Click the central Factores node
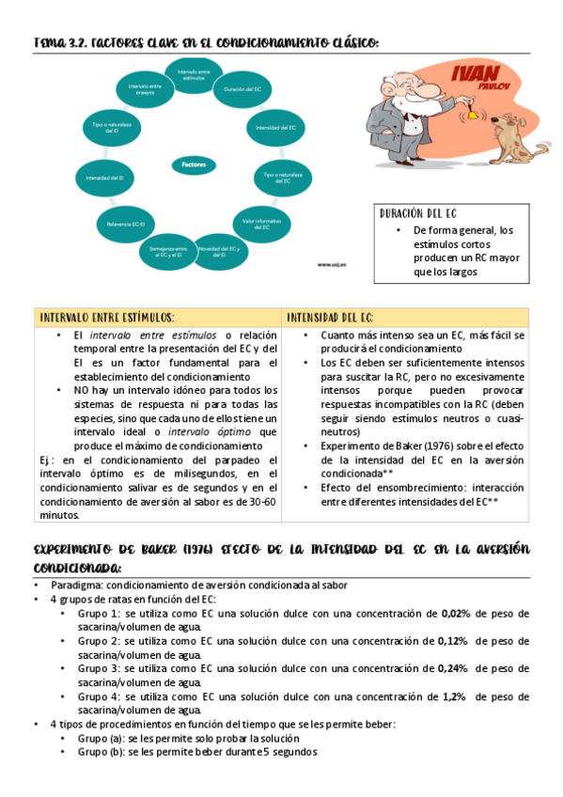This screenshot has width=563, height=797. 194,164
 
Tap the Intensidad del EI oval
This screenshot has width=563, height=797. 105,177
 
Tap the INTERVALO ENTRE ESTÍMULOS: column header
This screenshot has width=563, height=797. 105,318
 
